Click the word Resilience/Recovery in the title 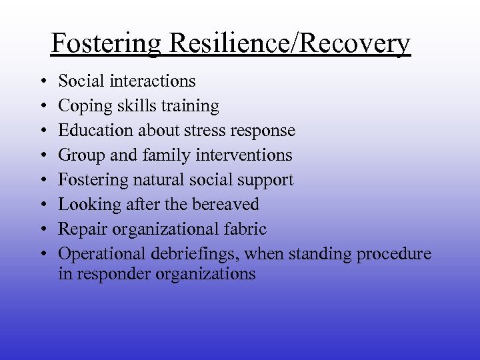pyautogui.click(x=290, y=44)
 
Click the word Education pyautogui.click(x=91, y=131)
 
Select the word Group pyautogui.click(x=79, y=155)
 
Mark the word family pyautogui.click(x=155, y=155)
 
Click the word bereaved pyautogui.click(x=223, y=205)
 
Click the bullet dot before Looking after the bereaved pyautogui.click(x=42, y=205)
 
